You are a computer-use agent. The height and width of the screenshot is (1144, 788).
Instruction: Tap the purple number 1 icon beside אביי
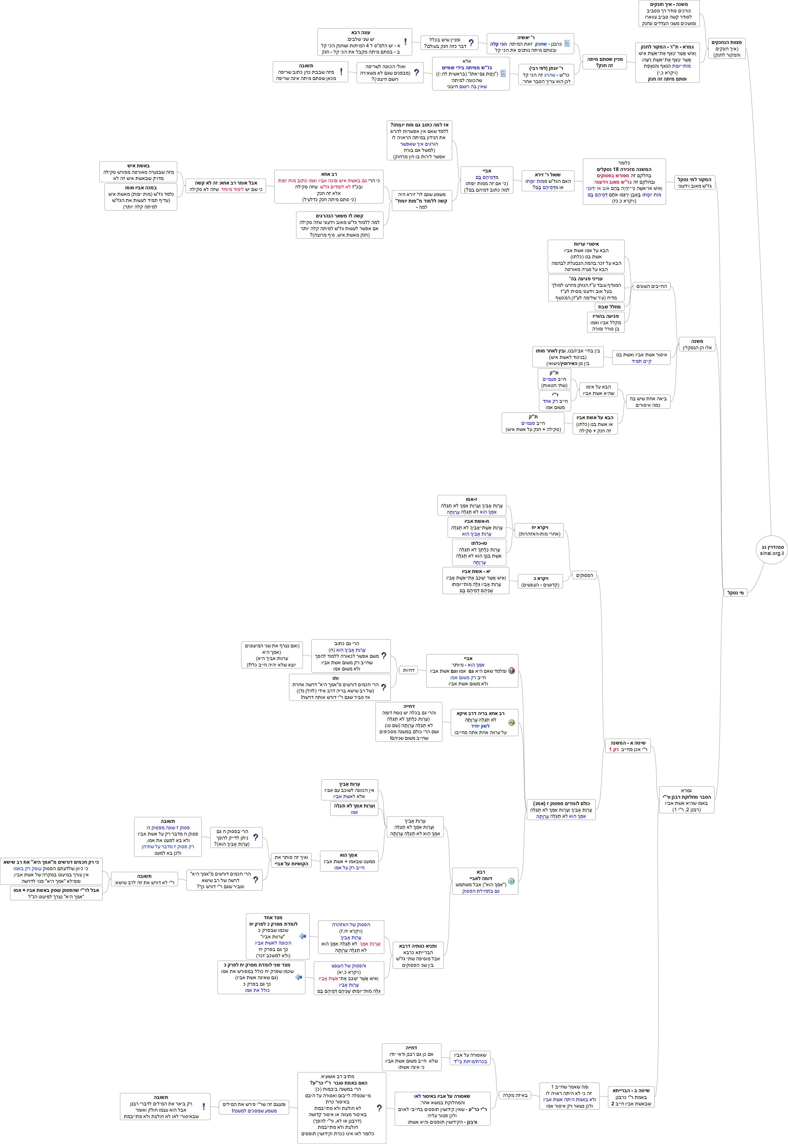512,670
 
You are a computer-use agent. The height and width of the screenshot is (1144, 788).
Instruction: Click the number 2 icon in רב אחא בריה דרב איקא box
512,722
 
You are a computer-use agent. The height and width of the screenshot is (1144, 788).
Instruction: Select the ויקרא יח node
539,530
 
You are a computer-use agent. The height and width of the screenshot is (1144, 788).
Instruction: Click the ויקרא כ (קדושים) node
540,581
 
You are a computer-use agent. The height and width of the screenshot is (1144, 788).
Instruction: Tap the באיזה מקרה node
515,1095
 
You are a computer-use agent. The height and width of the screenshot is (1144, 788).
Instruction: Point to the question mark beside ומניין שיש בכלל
471,43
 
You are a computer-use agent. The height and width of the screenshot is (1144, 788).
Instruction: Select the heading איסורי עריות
586,244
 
